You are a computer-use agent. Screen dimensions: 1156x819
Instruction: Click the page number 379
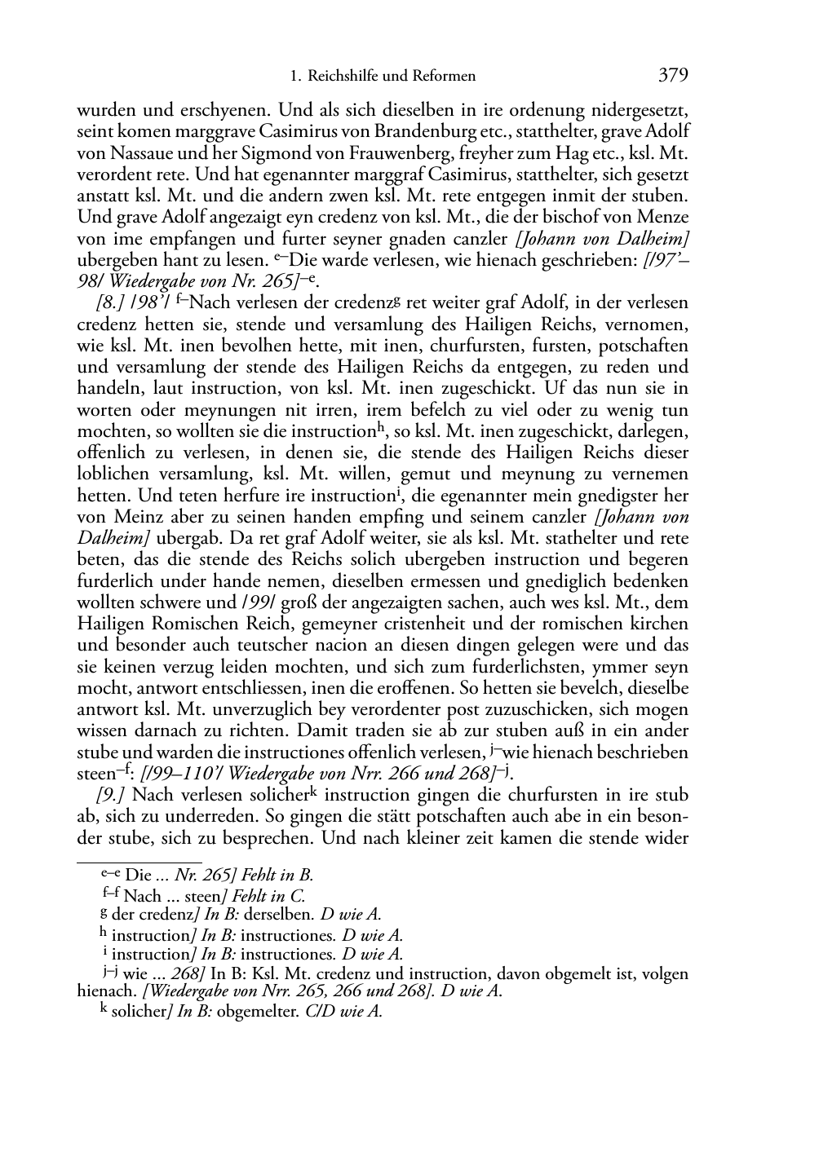673,76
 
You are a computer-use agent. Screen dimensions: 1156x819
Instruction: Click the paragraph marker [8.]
111,303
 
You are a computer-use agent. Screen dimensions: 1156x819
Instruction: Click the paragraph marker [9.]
111,795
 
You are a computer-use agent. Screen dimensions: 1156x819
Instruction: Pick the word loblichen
116,474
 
